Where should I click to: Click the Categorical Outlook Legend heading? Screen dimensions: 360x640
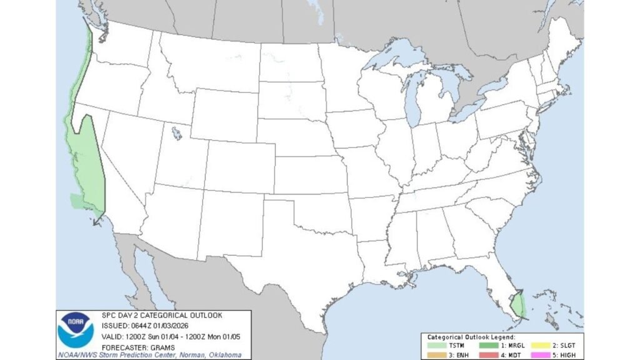pos(472,337)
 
